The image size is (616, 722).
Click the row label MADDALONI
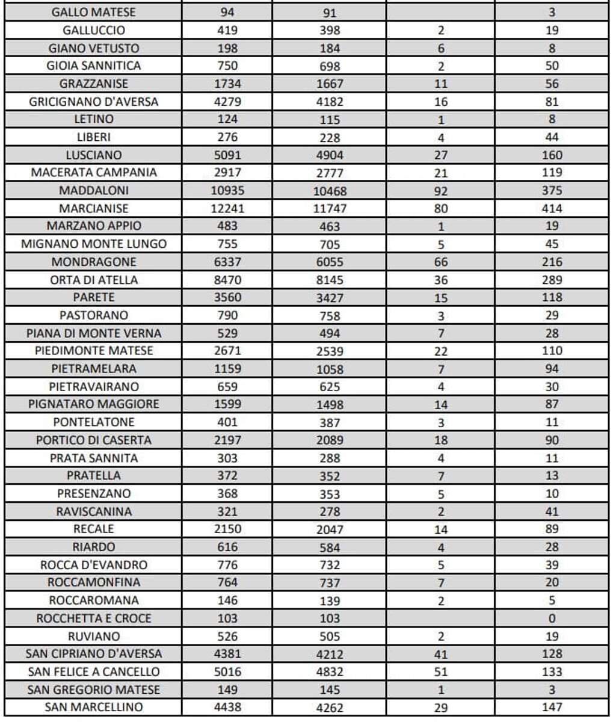tap(93, 190)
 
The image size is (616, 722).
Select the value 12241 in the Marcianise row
tap(227, 208)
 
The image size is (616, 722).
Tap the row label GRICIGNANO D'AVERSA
tap(93, 102)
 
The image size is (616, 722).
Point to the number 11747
tap(329, 209)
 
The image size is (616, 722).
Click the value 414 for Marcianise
tap(551, 208)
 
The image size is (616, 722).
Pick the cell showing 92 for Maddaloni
tap(440, 191)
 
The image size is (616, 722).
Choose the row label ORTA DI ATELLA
tap(93, 279)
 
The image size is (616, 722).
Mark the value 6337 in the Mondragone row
tap(227, 262)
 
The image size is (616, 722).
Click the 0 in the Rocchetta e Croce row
tap(551, 618)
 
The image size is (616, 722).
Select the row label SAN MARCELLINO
tap(93, 707)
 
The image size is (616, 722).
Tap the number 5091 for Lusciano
tap(227, 155)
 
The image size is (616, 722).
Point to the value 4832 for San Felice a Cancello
tap(329, 672)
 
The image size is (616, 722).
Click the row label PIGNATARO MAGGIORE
tap(93, 404)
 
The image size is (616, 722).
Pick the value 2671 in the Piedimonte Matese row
tap(227, 350)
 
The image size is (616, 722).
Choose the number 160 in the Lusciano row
tap(551, 155)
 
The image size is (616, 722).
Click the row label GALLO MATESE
tap(93, 12)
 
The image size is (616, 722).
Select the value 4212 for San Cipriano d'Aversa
tap(329, 654)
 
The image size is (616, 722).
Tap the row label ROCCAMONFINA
tap(93, 582)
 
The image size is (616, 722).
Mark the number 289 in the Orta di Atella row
tap(551, 279)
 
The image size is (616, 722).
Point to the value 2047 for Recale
tap(329, 529)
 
